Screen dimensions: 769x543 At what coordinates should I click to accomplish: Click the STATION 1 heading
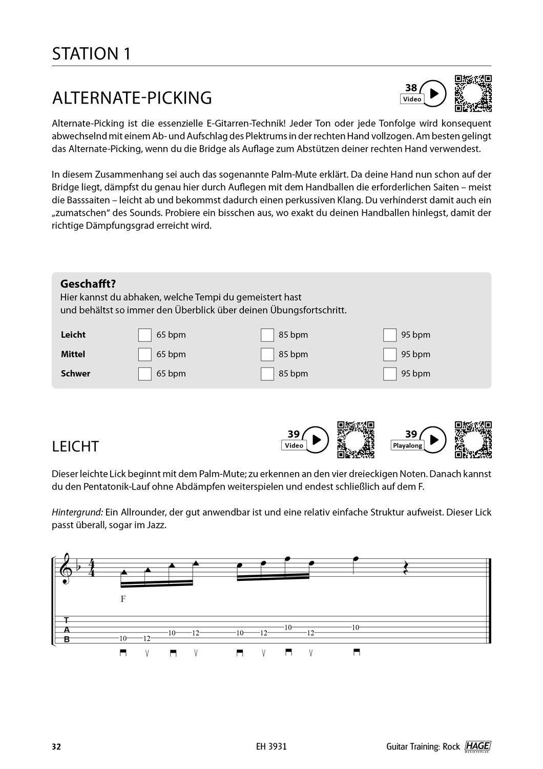[x=91, y=54]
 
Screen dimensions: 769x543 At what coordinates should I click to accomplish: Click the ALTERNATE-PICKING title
[x=132, y=97]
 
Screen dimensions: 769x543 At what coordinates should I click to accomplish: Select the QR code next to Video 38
[x=473, y=94]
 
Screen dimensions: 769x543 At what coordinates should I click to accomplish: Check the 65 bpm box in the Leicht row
[x=145, y=335]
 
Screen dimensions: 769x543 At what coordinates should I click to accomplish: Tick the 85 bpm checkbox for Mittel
[x=267, y=355]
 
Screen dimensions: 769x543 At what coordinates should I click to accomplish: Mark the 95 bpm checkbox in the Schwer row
[x=390, y=374]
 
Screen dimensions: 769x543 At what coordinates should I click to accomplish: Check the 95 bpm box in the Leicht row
[x=390, y=335]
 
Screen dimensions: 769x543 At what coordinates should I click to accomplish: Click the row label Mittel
[x=73, y=354]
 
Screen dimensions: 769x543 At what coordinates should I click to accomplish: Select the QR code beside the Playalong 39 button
[x=473, y=440]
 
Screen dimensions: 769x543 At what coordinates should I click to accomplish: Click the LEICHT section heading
[x=75, y=447]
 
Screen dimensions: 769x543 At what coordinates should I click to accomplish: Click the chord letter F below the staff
[x=123, y=598]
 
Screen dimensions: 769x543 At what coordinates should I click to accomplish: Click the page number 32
[x=56, y=746]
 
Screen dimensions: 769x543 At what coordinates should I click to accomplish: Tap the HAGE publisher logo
[x=477, y=746]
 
